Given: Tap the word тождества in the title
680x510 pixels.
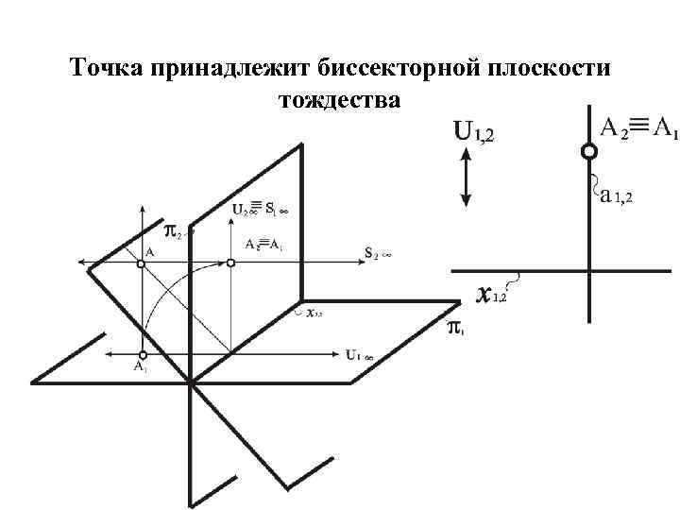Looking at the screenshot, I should [x=339, y=98].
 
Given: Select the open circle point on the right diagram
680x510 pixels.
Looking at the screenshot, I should [x=588, y=151].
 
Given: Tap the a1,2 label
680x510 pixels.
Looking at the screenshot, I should [x=616, y=196].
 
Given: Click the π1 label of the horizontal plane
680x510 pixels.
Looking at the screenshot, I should [x=455, y=328].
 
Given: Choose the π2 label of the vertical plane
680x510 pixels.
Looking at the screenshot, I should [x=174, y=229].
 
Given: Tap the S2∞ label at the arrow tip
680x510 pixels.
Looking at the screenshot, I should [x=377, y=252].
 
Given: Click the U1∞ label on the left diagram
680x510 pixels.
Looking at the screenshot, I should [x=359, y=356].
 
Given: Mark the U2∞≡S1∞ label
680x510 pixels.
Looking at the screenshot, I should [x=259, y=209].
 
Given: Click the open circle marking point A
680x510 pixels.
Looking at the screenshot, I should [x=141, y=265].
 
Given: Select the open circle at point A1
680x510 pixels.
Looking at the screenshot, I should [x=141, y=354].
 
